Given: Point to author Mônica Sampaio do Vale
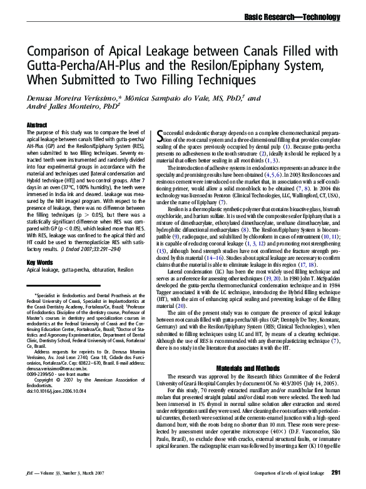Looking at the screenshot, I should click(x=181, y=98).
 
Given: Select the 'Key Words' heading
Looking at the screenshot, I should click(x=39, y=262).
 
